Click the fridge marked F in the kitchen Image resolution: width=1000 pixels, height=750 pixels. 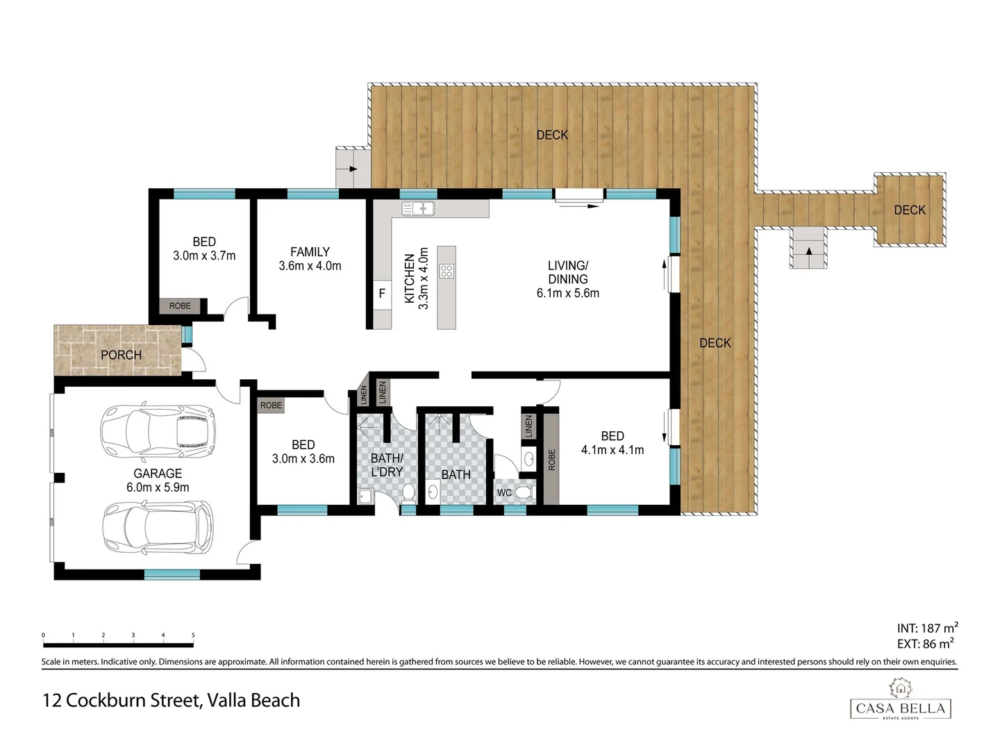click(381, 294)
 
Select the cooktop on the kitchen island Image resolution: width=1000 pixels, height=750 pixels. click(447, 272)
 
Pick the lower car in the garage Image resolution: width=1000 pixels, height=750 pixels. click(158, 528)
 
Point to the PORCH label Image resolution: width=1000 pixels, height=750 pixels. click(121, 355)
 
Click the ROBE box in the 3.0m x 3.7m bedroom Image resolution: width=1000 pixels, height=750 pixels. click(180, 306)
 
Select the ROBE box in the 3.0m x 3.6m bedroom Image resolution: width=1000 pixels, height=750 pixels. click(271, 405)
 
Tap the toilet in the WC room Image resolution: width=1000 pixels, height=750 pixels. click(524, 492)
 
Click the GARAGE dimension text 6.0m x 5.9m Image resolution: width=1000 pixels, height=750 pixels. click(158, 487)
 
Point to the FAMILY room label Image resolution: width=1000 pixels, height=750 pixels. click(310, 252)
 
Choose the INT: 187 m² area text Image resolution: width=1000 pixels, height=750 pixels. click(927, 628)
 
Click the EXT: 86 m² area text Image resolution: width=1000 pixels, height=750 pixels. click(925, 644)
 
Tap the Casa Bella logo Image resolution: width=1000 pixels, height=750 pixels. click(901, 701)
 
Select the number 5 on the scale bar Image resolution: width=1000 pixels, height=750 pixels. click(193, 635)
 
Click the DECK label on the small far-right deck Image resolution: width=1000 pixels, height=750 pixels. click(909, 210)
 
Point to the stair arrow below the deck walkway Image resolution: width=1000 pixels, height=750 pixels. click(808, 250)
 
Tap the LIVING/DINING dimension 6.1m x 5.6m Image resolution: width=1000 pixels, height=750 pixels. click(567, 293)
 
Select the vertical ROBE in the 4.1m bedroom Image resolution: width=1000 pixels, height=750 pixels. click(551, 459)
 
